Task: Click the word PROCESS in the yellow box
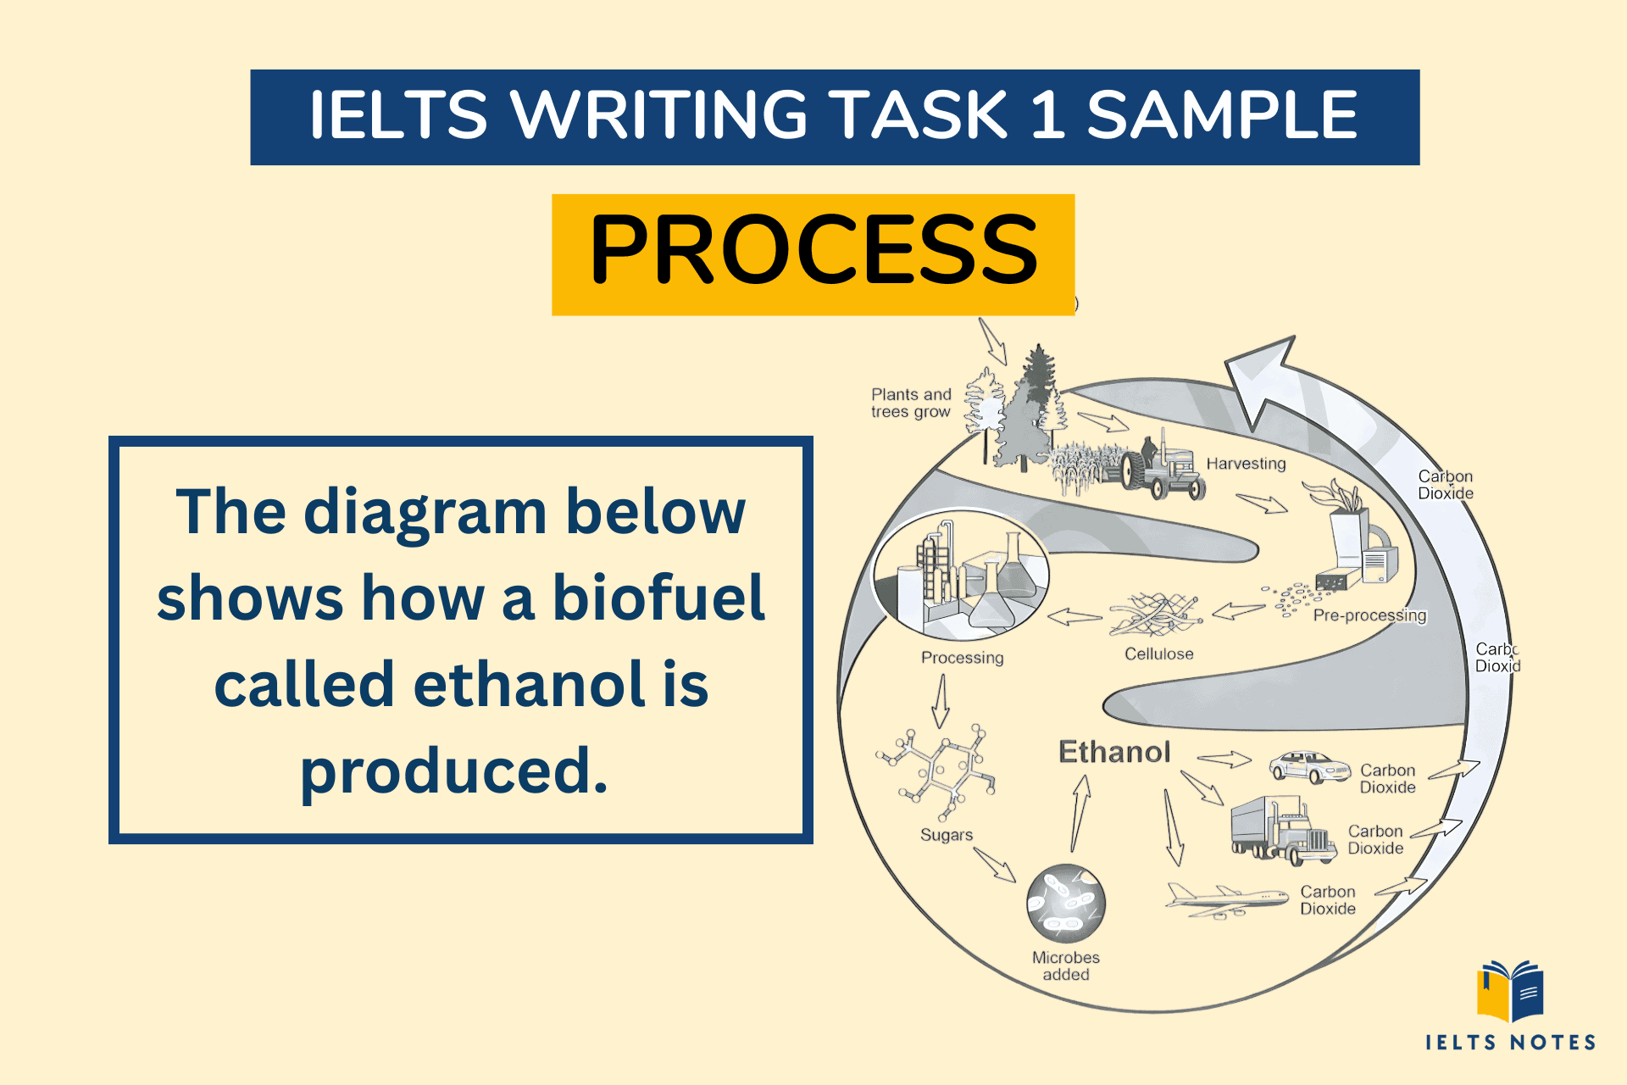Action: coord(813,251)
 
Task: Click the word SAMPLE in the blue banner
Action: coord(1222,116)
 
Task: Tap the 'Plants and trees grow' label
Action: coord(911,403)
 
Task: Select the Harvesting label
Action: coord(1246,464)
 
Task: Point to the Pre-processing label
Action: coord(1369,616)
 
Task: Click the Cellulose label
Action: coord(1158,654)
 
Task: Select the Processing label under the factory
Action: coord(962,658)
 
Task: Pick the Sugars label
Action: coord(947,835)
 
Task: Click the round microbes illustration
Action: coord(1065,904)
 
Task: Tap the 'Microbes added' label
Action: coord(1065,966)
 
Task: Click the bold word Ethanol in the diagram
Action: coord(1114,752)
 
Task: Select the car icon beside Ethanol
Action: coord(1308,766)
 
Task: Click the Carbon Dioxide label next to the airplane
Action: coord(1328,900)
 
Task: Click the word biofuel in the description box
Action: coord(658,598)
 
